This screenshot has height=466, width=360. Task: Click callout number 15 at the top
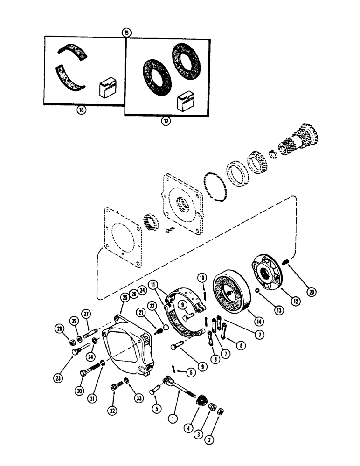(x=125, y=33)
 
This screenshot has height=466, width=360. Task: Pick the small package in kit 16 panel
(x=106, y=89)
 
